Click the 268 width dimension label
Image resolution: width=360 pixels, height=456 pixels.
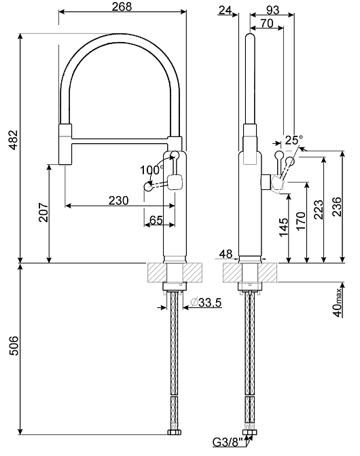(122, 6)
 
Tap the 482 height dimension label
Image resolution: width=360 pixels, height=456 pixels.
(13, 140)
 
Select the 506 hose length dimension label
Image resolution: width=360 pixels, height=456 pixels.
(13, 345)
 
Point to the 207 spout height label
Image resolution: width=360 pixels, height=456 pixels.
(43, 212)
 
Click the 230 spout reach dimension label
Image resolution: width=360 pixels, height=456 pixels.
(119, 200)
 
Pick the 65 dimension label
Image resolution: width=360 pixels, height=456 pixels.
(156, 220)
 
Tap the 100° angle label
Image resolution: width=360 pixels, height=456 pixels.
(151, 170)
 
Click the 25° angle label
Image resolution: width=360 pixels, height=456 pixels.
(293, 140)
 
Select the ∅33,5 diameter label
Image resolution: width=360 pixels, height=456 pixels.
(206, 303)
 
